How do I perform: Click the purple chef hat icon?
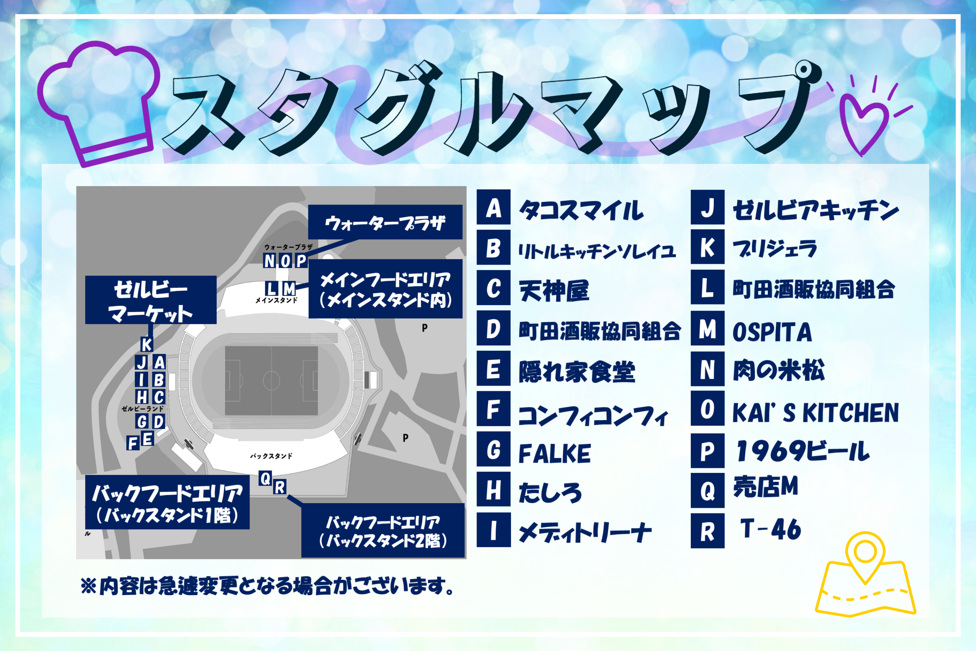coord(98,104)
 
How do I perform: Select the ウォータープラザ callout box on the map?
coord(385,222)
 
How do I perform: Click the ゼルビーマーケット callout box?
coord(151,300)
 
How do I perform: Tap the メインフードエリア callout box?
coord(385,289)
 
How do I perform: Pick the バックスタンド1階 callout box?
coord(167,502)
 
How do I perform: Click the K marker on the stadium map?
coord(147,345)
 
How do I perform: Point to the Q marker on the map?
coord(265,478)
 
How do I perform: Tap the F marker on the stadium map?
coord(133,443)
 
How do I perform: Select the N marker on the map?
coord(269,261)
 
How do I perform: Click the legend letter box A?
coord(493,207)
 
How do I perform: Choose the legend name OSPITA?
coord(772,332)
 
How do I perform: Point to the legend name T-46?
coord(770,529)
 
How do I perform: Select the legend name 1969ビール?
coord(803,451)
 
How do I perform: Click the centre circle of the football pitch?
coord(271,380)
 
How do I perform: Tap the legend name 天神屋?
coord(553,291)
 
